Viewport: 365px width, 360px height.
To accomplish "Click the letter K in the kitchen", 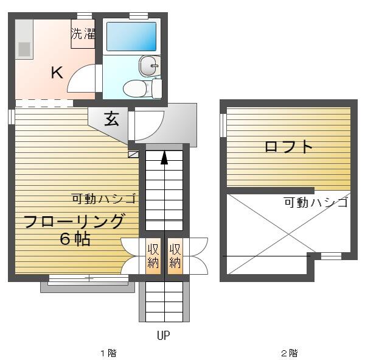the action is click(57, 72).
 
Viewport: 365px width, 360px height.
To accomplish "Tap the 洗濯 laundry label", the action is click(83, 34).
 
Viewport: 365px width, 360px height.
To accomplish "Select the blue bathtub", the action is click(131, 37).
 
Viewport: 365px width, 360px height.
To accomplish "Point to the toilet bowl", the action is click(134, 88).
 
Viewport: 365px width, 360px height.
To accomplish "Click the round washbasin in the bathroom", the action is click(150, 66).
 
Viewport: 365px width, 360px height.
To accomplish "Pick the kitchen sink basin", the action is click(24, 49).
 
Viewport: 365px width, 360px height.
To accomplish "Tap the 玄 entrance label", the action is click(111, 118).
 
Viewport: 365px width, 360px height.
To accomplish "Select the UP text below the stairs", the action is click(164, 335).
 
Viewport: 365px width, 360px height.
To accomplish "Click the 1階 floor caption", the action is click(108, 353).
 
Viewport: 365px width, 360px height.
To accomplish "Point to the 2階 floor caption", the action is click(290, 353).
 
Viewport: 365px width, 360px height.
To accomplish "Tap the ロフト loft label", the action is click(288, 147).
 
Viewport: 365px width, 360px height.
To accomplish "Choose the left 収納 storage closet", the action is click(153, 256).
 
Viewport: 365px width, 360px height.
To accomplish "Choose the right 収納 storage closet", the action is click(175, 256).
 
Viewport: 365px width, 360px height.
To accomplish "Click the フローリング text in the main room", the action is click(73, 221).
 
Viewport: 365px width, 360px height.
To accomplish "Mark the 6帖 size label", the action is click(75, 239).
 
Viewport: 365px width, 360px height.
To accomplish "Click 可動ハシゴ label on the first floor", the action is click(104, 199).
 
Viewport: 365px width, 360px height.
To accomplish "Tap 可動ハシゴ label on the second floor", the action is click(316, 202).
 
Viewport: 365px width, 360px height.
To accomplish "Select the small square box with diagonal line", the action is click(133, 154).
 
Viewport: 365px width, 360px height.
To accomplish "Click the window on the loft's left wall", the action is click(223, 125).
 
